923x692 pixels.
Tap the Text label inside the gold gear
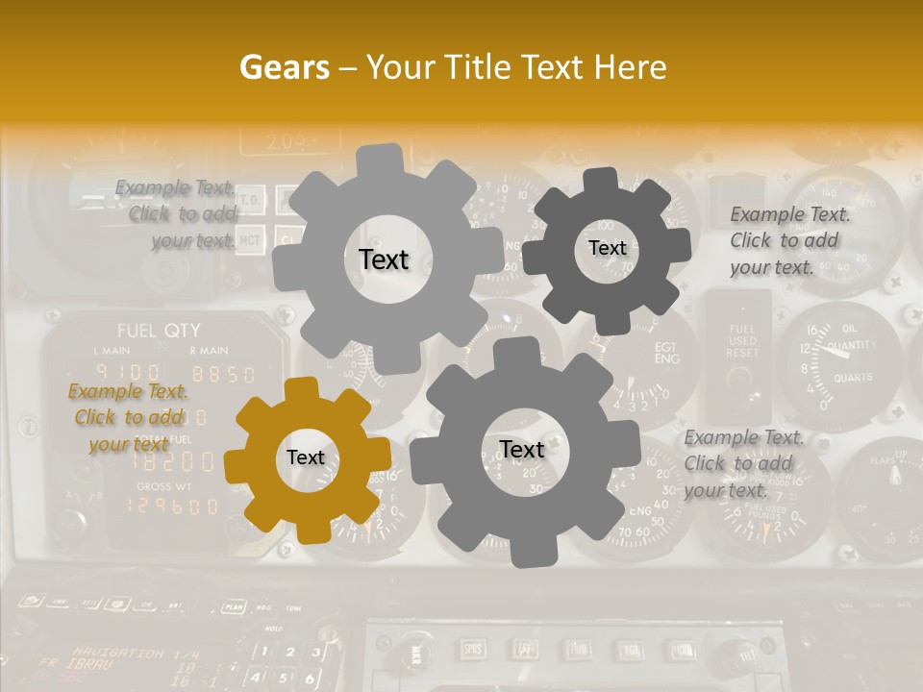tap(306, 458)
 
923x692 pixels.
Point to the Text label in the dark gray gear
tap(607, 248)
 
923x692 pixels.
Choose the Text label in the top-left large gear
tap(384, 259)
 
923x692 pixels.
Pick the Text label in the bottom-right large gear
tap(522, 450)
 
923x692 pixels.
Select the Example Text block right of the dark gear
tap(790, 240)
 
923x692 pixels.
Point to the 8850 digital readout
tap(223, 374)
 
